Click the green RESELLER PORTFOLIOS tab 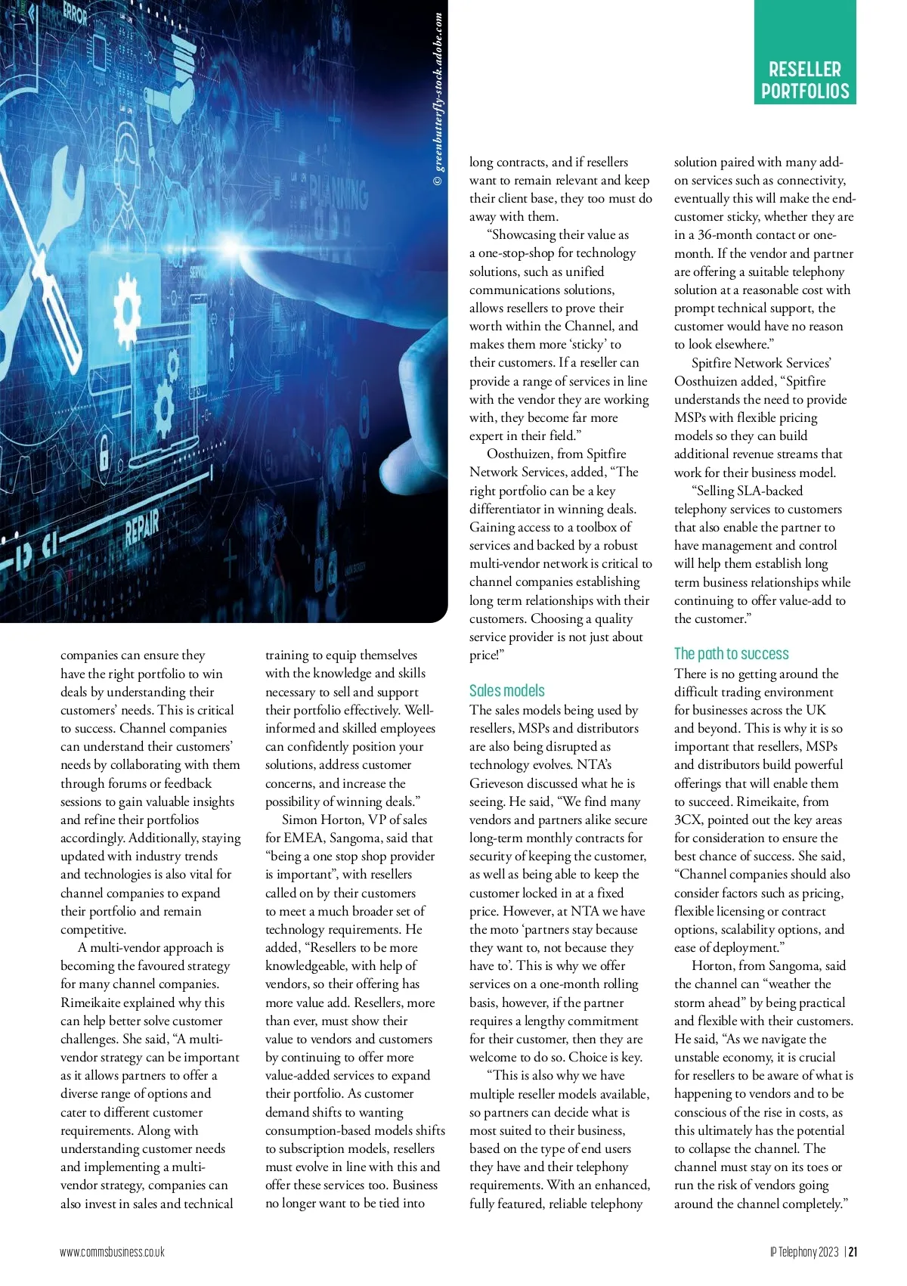click(804, 79)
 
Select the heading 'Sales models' click(506, 690)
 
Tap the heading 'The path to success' click(731, 654)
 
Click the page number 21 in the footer click(853, 1251)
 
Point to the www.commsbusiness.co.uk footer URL click(112, 1251)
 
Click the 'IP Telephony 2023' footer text click(804, 1251)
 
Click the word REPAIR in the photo click(141, 527)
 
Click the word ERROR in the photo click(75, 15)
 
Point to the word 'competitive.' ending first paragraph click(93, 929)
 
